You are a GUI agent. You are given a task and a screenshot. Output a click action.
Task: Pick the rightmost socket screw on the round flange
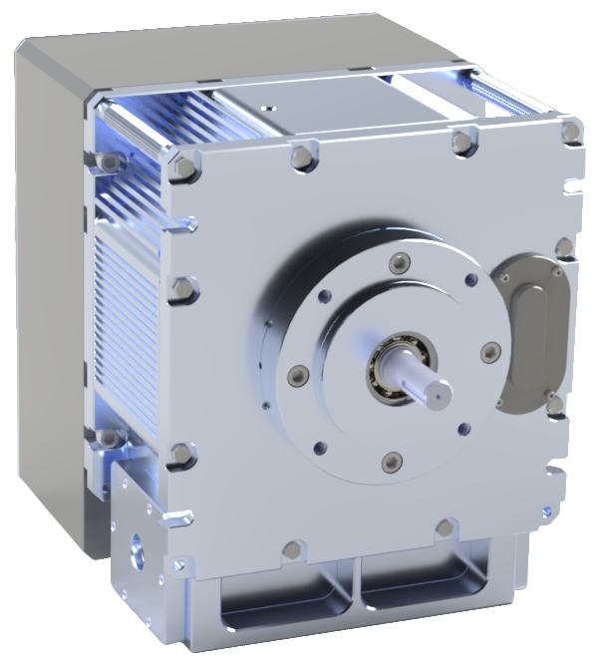pos(489,352)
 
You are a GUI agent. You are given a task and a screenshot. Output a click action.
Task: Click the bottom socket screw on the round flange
pos(392,461)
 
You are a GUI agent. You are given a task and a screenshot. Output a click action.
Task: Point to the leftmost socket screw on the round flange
pos(296,376)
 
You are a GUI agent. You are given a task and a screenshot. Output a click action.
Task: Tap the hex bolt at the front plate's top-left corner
pos(181,167)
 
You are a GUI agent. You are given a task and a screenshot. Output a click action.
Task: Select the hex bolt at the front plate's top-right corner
pos(570,132)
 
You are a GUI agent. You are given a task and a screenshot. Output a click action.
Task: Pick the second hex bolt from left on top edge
pos(300,156)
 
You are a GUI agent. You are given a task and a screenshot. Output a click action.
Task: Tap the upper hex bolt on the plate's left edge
pos(182,291)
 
